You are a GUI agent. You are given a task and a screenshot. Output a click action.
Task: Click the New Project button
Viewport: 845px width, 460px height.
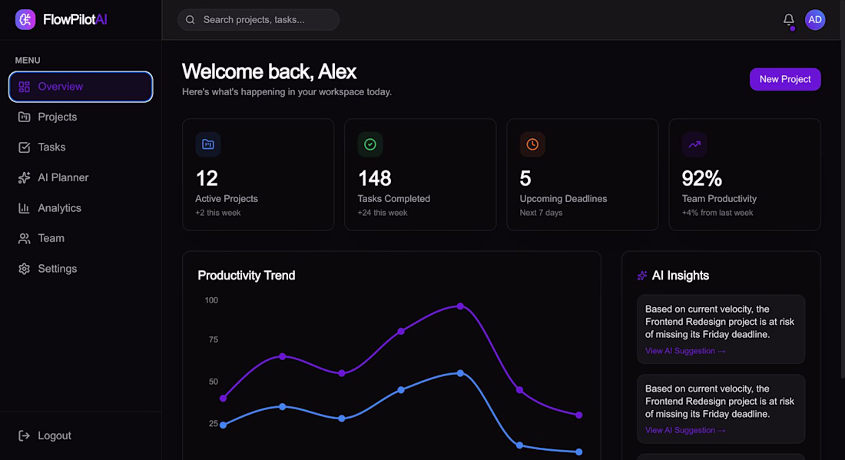point(784,79)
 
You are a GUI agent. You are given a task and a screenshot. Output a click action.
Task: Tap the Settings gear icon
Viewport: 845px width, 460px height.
point(25,269)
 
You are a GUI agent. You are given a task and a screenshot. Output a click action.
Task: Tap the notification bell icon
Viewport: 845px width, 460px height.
point(788,20)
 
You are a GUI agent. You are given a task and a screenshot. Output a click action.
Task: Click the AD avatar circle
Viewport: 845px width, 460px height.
point(815,20)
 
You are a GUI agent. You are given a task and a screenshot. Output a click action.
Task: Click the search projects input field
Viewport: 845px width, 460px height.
point(258,20)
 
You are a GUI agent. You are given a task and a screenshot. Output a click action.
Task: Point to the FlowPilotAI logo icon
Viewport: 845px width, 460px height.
point(25,20)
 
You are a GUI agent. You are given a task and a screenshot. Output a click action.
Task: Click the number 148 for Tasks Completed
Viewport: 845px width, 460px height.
point(375,178)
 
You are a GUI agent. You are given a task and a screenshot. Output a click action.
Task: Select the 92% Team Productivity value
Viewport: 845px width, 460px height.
point(701,178)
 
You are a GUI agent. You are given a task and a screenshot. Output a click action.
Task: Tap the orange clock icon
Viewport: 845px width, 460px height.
point(532,144)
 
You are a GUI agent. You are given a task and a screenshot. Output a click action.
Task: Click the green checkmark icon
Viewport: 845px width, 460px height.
point(370,144)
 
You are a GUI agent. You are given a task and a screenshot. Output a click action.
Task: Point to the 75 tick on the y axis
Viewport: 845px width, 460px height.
point(214,340)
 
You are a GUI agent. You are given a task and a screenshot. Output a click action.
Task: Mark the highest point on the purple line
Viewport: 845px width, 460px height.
point(460,306)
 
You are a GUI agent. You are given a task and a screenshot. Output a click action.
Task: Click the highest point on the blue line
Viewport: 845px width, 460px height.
point(460,373)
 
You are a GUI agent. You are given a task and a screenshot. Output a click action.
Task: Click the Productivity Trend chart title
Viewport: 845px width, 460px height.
point(247,276)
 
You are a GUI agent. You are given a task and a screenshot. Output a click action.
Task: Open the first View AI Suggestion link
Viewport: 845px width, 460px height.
point(685,351)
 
